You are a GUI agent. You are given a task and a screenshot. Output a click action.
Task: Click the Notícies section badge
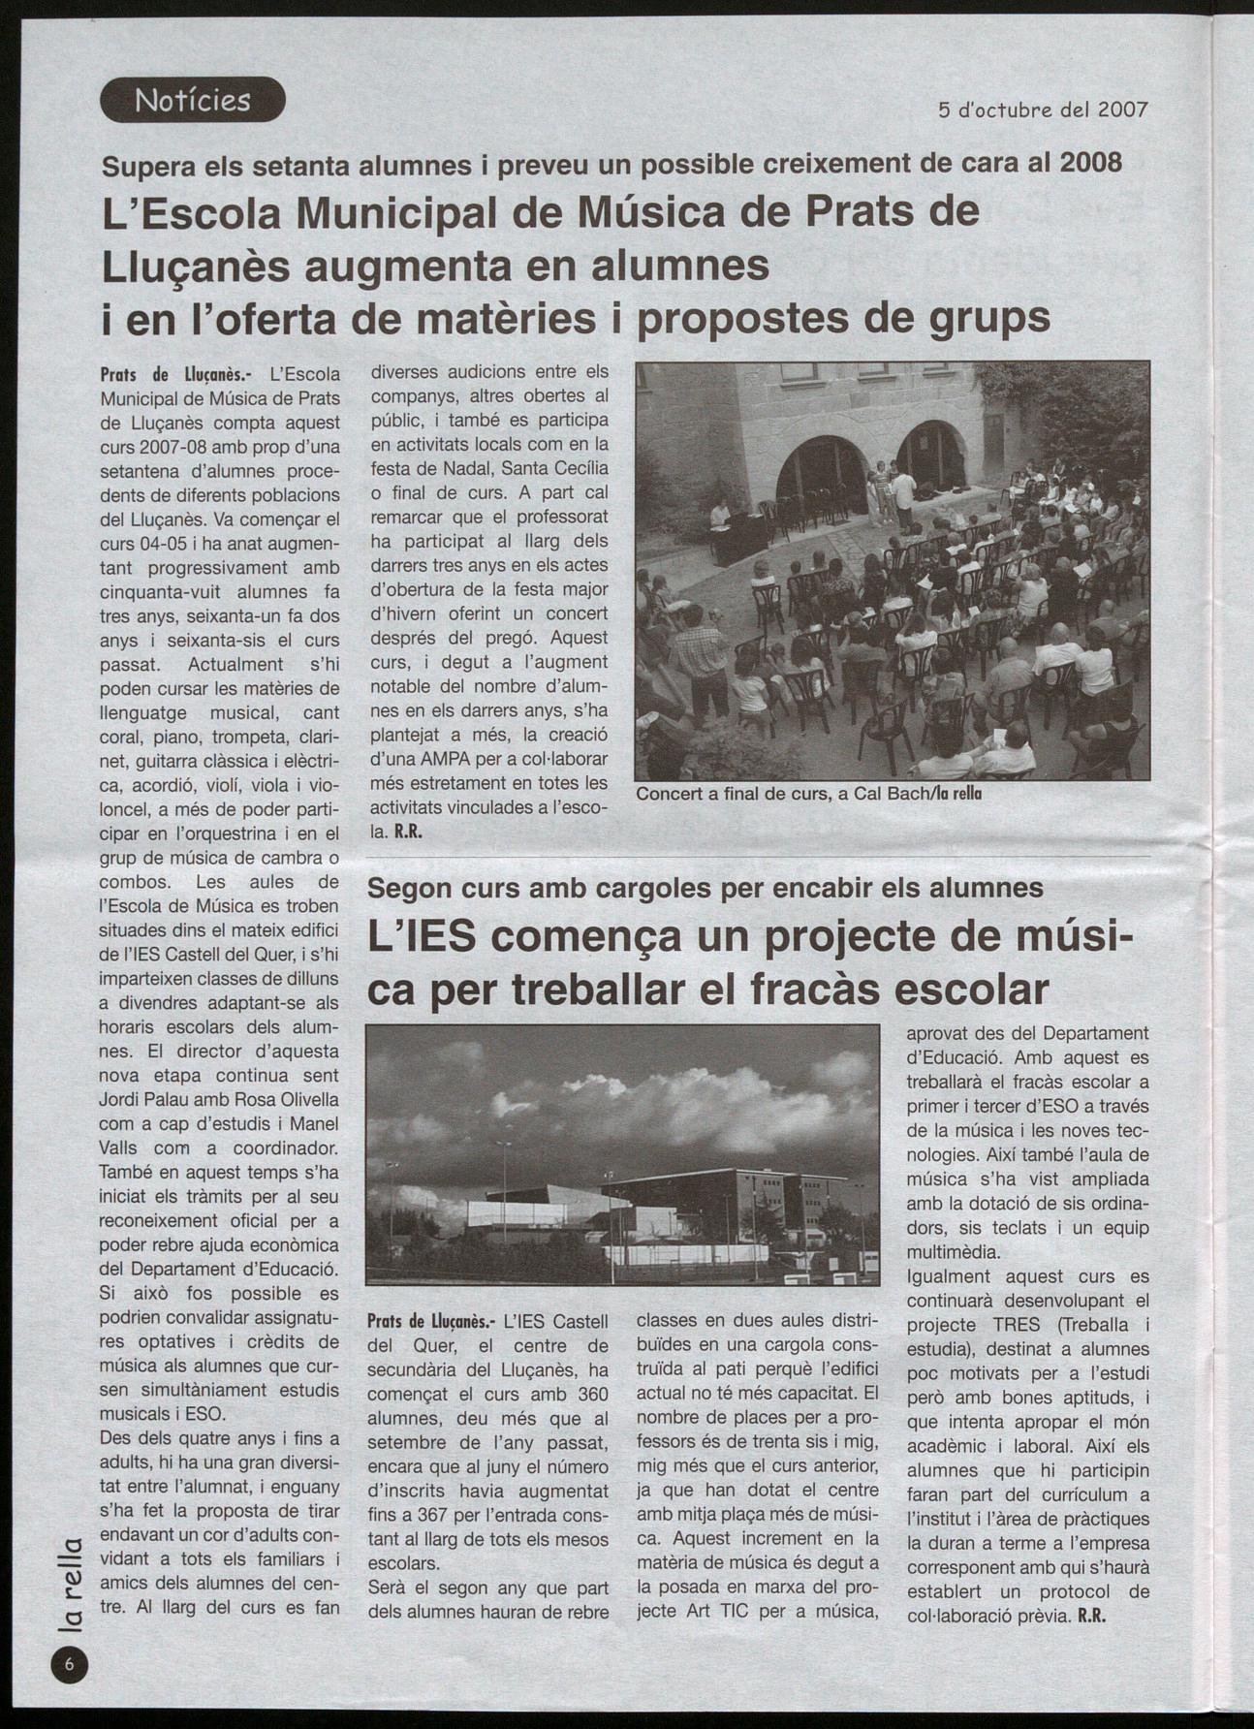pyautogui.click(x=193, y=100)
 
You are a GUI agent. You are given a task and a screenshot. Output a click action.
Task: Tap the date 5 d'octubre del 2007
pyautogui.click(x=1043, y=110)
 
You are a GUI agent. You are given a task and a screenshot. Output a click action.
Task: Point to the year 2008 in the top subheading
pyautogui.click(x=1091, y=162)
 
